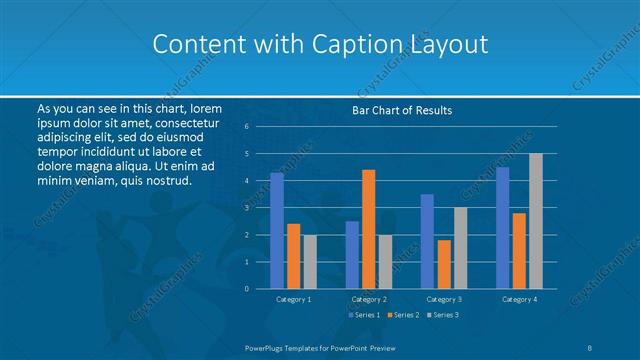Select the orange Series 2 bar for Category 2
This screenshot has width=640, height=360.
coord(368,229)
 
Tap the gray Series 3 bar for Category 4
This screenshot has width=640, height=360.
coord(535,221)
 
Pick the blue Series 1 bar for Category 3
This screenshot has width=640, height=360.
coord(427,241)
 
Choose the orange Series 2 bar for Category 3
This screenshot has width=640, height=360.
coord(443,264)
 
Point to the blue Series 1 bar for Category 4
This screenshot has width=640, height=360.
coord(502,227)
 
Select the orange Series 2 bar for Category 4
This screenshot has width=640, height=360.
coord(518,250)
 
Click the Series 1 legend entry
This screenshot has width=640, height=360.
coord(365,315)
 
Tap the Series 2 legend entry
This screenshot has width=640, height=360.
coord(403,315)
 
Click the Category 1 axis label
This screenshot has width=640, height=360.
coord(293,299)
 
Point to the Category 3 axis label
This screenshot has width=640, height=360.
coord(443,299)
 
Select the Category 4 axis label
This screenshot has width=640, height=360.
coord(518,299)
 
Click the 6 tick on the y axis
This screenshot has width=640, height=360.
coord(246,127)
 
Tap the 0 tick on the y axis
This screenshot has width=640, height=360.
coord(246,288)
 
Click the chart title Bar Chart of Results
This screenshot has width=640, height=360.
coord(402,110)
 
